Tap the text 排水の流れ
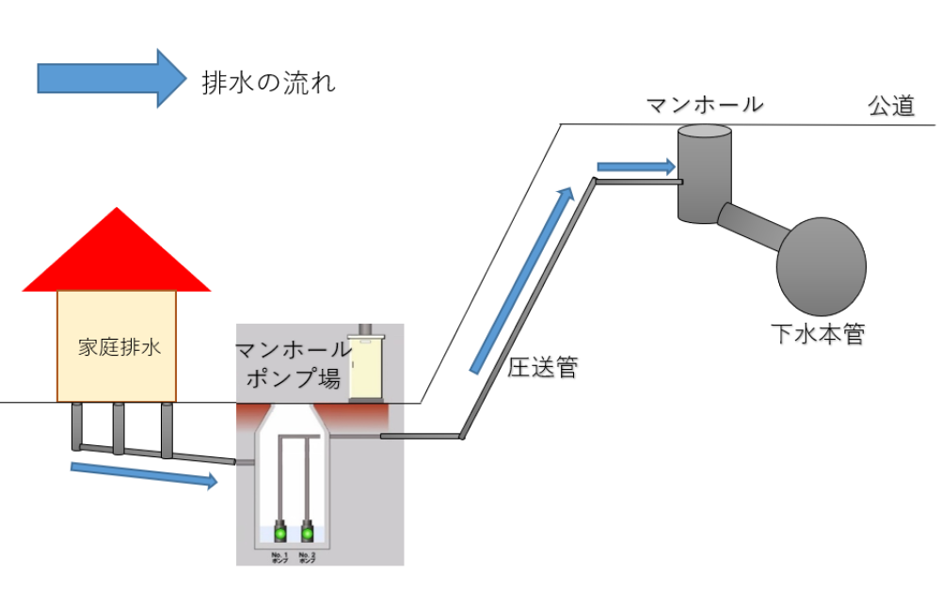click(x=268, y=83)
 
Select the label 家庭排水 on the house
click(x=117, y=346)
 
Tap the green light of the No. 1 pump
click(x=279, y=534)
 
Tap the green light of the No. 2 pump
click(x=307, y=534)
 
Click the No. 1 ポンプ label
click(x=279, y=557)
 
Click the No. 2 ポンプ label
click(x=307, y=557)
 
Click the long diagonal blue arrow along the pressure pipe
click(x=522, y=280)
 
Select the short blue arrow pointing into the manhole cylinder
click(x=636, y=167)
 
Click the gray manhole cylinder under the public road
click(x=704, y=174)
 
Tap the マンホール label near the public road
click(x=704, y=104)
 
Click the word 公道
click(x=890, y=106)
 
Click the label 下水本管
click(x=817, y=333)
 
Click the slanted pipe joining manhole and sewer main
click(x=753, y=224)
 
